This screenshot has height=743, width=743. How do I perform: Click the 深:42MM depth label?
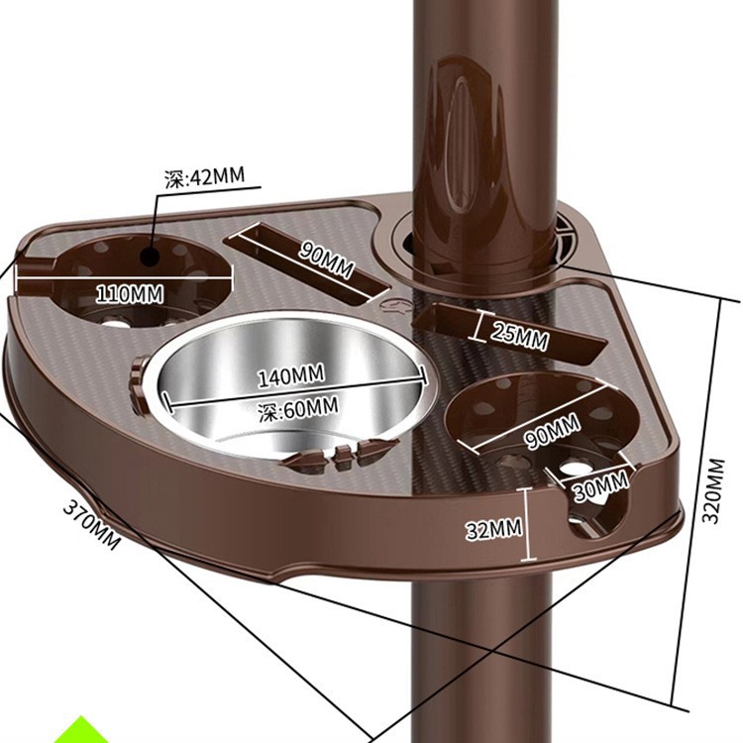pyautogui.click(x=203, y=178)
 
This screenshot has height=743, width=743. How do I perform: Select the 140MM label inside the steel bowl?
pyautogui.click(x=291, y=376)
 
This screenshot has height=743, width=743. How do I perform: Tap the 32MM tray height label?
pyautogui.click(x=493, y=529)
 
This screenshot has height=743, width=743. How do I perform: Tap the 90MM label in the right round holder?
pyautogui.click(x=552, y=433)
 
